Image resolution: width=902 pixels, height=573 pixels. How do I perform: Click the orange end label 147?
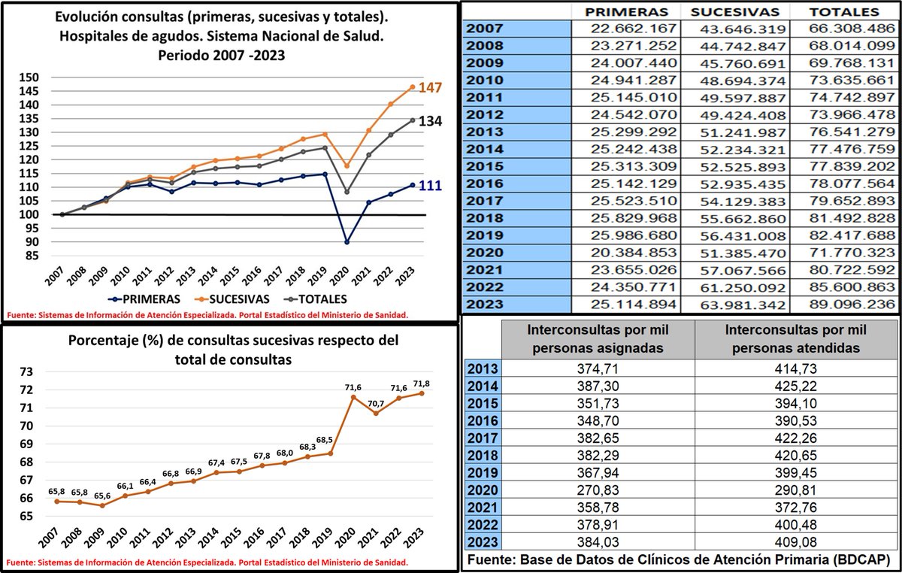point(431,88)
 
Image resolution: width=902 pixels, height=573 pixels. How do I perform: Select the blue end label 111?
point(431,186)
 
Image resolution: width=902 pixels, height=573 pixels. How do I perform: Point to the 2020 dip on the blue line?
point(347,242)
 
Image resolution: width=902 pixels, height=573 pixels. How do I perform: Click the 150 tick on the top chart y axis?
point(29,77)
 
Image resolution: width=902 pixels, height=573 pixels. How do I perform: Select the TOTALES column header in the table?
point(846,12)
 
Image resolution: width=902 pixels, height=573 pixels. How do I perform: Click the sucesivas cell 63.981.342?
point(735,305)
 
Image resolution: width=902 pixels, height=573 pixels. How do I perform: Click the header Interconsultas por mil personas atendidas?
point(797,338)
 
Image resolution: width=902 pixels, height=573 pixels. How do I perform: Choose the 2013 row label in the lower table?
point(483,369)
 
